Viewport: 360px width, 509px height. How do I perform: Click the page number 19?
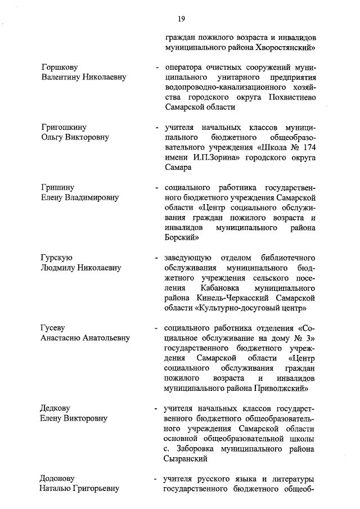point(182,19)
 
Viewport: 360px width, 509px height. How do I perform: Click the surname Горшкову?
point(60,67)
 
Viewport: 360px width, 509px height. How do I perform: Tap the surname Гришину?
point(58,187)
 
